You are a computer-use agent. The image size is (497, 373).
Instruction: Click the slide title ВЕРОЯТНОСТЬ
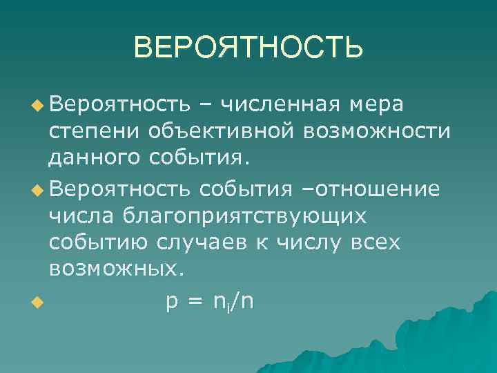click(248, 48)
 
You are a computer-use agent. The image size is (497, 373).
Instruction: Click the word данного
click(94, 159)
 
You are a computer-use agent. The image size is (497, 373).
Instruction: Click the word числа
click(81, 215)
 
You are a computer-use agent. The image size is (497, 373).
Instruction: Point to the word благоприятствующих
click(244, 216)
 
